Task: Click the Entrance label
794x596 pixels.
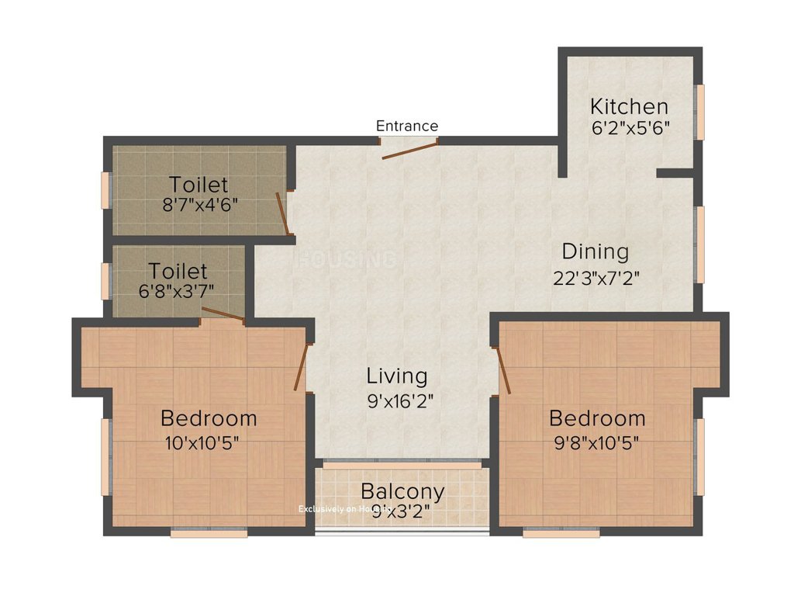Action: pos(407,126)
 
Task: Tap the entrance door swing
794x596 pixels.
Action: pos(409,150)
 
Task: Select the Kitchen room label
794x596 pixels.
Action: pos(629,106)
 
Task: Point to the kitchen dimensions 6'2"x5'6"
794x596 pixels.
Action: pos(630,127)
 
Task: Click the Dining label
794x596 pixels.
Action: pos(595,251)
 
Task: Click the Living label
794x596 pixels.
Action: pos(397,376)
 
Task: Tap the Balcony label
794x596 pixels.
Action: pos(402,491)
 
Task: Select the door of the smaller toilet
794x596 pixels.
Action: pos(223,314)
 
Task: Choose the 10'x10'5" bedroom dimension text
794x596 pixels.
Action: pos(201,443)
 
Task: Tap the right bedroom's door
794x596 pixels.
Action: pos(502,370)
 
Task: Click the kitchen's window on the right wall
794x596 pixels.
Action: pos(700,112)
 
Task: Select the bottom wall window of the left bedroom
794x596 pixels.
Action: pos(209,532)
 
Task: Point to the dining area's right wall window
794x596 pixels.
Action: pos(700,244)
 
